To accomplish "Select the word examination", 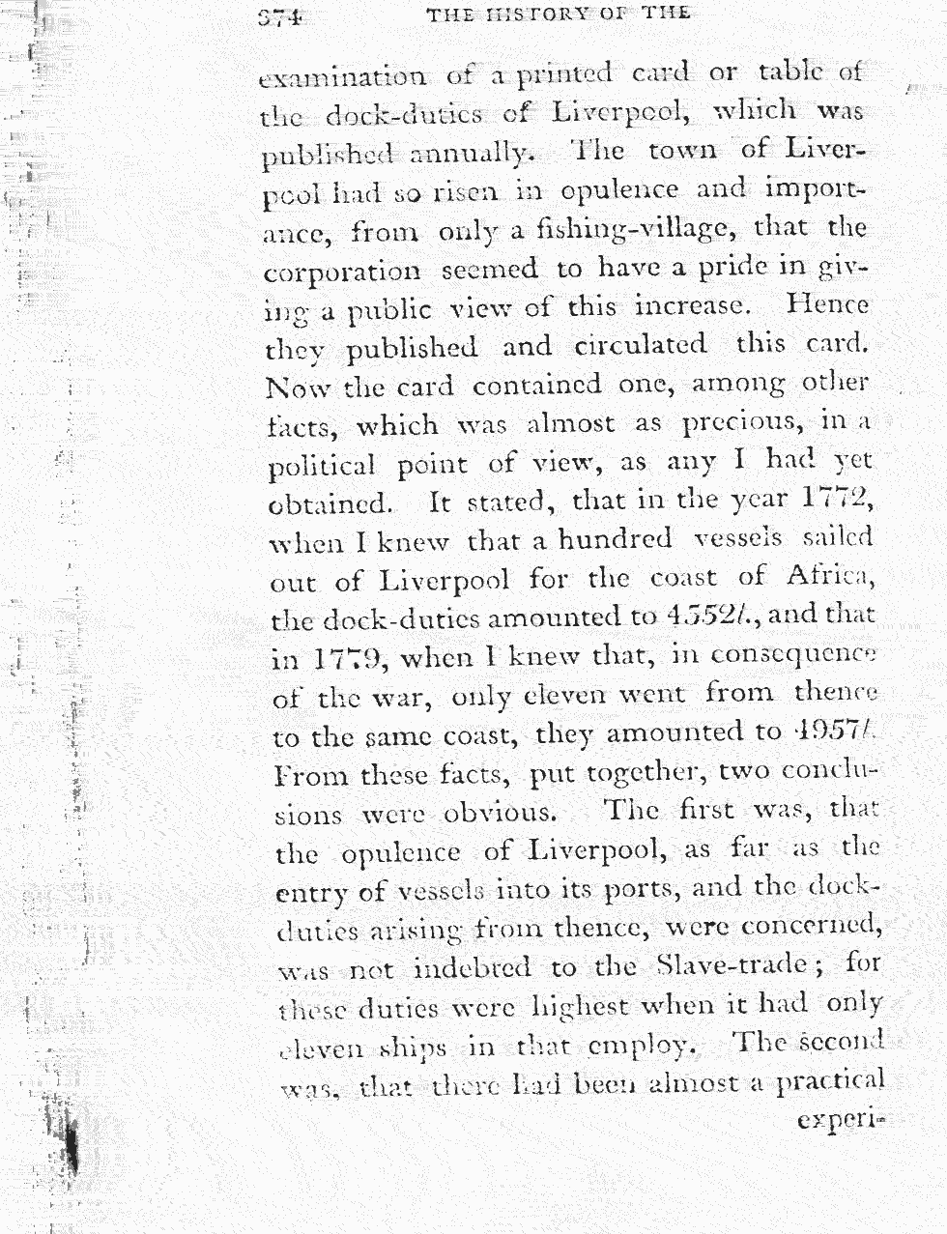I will pyautogui.click(x=343, y=75).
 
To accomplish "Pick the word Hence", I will pyautogui.click(x=827, y=306).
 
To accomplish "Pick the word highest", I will pyautogui.click(x=593, y=1005).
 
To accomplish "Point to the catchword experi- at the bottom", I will pyautogui.click(x=841, y=1122).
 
